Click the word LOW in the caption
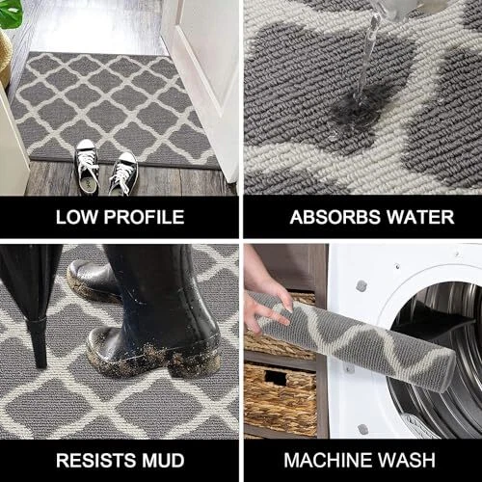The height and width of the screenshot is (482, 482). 77,217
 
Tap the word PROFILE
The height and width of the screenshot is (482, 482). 144,217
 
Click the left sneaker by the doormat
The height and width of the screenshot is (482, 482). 87,167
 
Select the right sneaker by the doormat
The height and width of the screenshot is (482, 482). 123,174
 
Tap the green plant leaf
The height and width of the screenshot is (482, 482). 12,13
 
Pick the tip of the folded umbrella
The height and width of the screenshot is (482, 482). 40,366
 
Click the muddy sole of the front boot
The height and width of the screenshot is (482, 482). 154,360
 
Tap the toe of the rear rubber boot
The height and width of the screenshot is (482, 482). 77,273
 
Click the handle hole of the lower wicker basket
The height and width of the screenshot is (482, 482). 276,378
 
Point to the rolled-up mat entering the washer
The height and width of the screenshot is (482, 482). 354,339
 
